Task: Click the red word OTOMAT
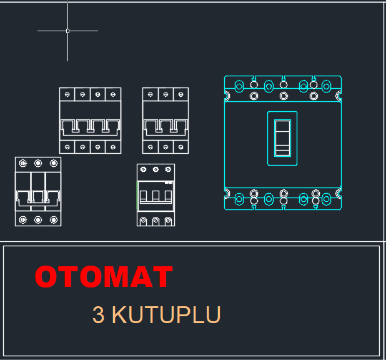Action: click(104, 276)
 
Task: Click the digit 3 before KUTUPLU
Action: click(98, 314)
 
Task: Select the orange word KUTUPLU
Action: click(166, 314)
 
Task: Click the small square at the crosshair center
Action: click(67, 31)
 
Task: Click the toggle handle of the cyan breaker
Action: click(282, 138)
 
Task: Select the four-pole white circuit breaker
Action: click(90, 121)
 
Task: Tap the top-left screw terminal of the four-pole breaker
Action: click(67, 94)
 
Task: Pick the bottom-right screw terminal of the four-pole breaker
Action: click(113, 147)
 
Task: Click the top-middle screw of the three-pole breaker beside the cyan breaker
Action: click(166, 94)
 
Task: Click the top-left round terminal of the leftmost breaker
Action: click(23, 163)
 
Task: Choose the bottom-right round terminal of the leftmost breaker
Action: click(54, 219)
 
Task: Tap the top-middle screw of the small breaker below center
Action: click(156, 169)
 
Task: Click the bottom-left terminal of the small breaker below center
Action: click(143, 221)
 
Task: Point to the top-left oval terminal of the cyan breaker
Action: click(239, 86)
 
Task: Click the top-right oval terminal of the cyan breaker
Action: click(327, 86)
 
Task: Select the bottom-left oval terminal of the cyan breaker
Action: click(239, 199)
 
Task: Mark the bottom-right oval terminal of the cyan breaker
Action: click(327, 199)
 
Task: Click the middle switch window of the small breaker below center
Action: click(156, 196)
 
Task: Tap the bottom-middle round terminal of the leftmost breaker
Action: click(38, 219)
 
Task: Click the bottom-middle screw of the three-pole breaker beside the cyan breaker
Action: click(166, 147)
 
